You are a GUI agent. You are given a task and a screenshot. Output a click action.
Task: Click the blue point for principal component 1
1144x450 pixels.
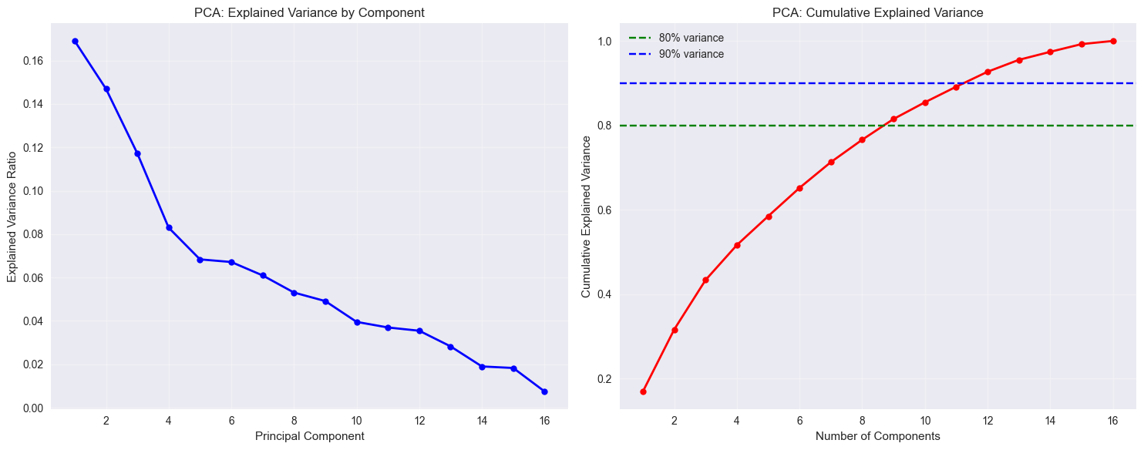click(x=75, y=41)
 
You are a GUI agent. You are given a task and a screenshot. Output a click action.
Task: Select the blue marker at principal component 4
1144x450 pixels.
click(x=169, y=227)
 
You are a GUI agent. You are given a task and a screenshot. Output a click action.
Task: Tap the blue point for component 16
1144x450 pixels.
click(x=544, y=391)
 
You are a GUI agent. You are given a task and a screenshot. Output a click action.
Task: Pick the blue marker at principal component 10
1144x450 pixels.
click(x=357, y=322)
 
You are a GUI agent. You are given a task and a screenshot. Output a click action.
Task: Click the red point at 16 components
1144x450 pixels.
click(x=1113, y=41)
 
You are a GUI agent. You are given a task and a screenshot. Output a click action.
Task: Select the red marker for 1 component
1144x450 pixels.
click(x=643, y=391)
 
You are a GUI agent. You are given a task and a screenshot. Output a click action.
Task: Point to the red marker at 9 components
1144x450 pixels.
click(x=893, y=119)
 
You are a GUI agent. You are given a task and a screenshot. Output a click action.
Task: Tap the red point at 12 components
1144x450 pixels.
click(x=988, y=72)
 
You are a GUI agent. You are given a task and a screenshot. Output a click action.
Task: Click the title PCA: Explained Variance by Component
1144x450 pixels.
click(x=309, y=13)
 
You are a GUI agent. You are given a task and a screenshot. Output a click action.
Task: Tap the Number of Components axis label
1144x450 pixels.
click(x=878, y=436)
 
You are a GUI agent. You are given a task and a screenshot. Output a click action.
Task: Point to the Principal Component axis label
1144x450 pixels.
click(x=309, y=436)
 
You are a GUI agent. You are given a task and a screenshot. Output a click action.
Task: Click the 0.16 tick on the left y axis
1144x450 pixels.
click(x=32, y=61)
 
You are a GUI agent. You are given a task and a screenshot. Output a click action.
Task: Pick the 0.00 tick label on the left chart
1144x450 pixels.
click(x=32, y=408)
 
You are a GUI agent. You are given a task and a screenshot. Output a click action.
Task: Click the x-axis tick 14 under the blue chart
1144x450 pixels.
click(x=482, y=421)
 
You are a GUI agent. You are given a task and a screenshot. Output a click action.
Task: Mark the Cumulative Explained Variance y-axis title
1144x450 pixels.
click(x=586, y=217)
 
